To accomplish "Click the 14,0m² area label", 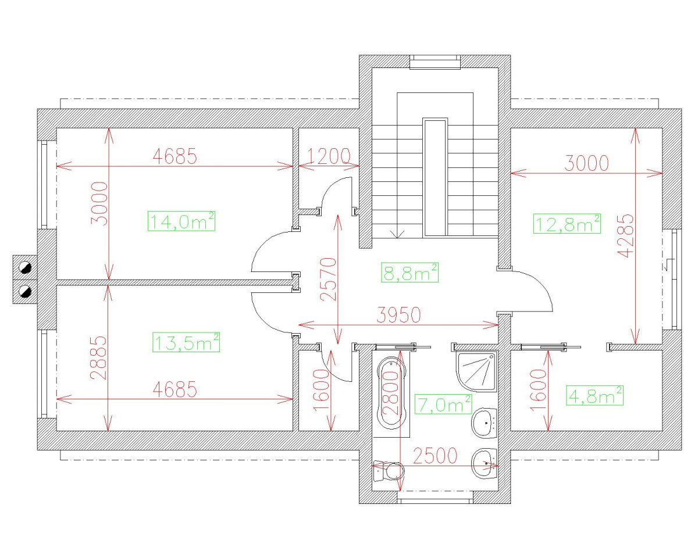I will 182,221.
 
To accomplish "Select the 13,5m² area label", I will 186,342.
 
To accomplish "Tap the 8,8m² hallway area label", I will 410,272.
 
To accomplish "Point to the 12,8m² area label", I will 567,223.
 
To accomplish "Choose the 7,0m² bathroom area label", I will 443,403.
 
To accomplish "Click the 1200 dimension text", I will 329,156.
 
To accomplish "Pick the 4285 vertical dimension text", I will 625,236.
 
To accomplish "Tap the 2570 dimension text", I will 329,279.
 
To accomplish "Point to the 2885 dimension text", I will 98,357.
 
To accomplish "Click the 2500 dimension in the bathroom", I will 435,456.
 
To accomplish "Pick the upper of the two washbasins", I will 484,423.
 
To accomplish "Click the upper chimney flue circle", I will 25,268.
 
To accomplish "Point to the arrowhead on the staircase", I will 398,234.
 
